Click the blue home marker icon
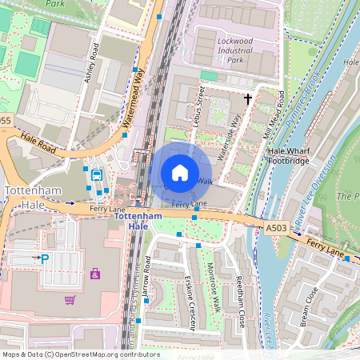180,172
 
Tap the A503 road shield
276,229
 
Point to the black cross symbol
248,99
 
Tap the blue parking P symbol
45,258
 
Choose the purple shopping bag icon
95,274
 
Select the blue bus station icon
96,175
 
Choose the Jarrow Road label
146,284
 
